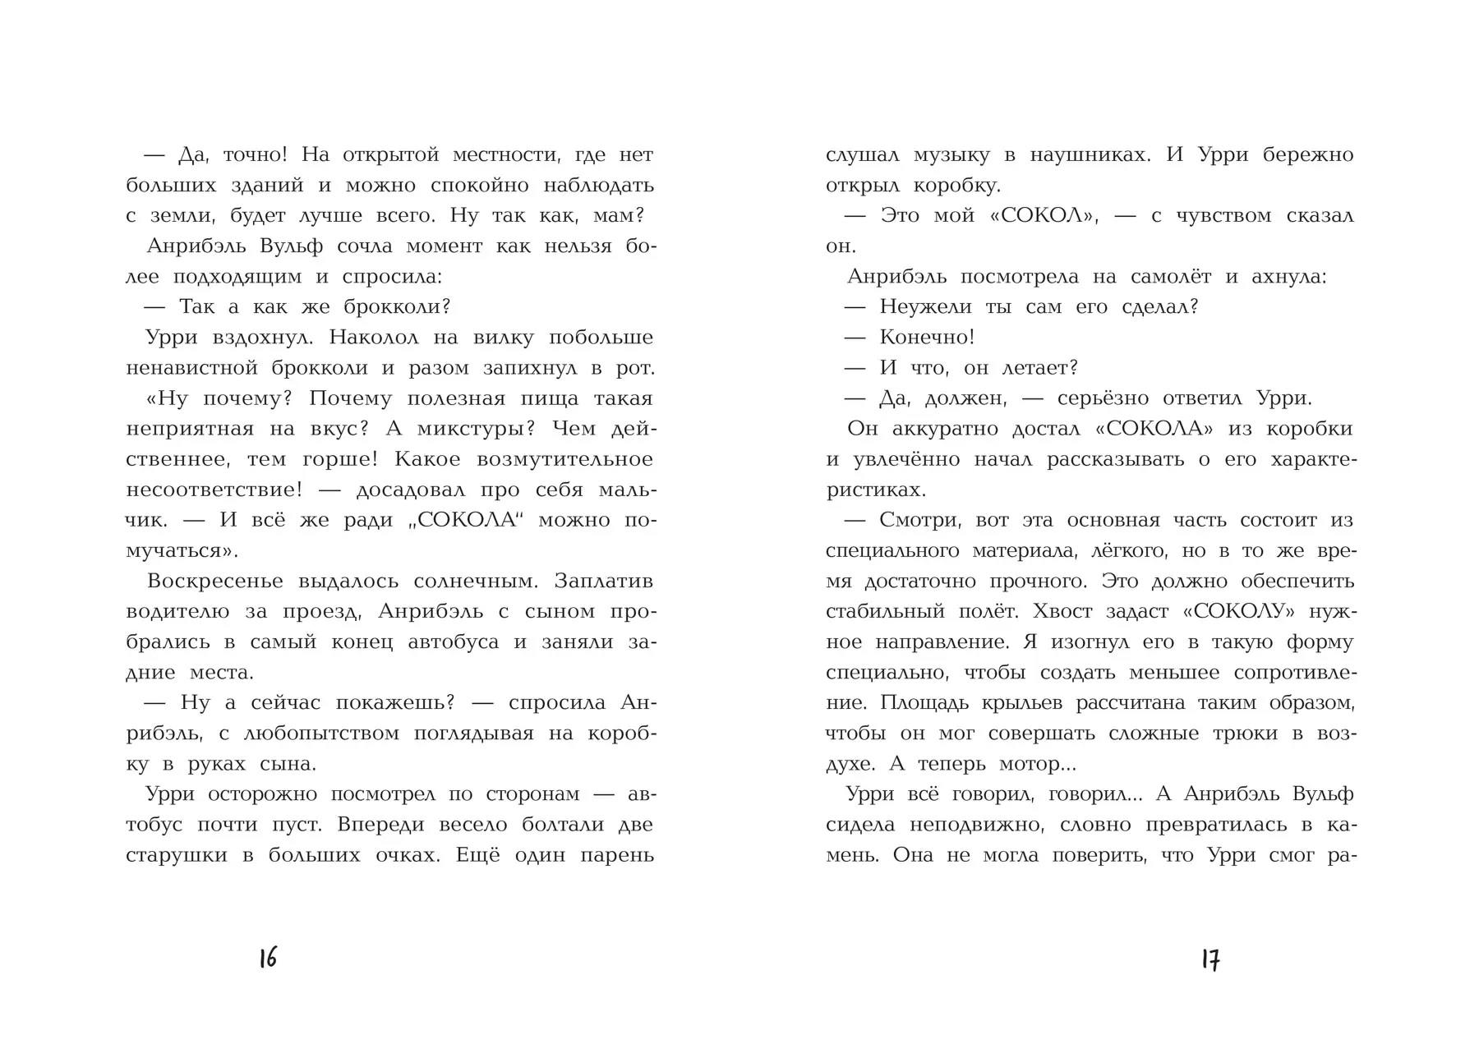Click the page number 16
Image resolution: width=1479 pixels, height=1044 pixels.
(x=268, y=958)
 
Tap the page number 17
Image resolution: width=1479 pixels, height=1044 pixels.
(x=1210, y=959)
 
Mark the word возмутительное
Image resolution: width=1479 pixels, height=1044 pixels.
(x=571, y=459)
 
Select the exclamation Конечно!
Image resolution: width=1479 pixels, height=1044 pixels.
(x=927, y=338)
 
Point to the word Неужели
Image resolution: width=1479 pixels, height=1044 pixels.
(x=925, y=307)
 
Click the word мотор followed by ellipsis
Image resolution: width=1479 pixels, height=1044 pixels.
(x=1036, y=764)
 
